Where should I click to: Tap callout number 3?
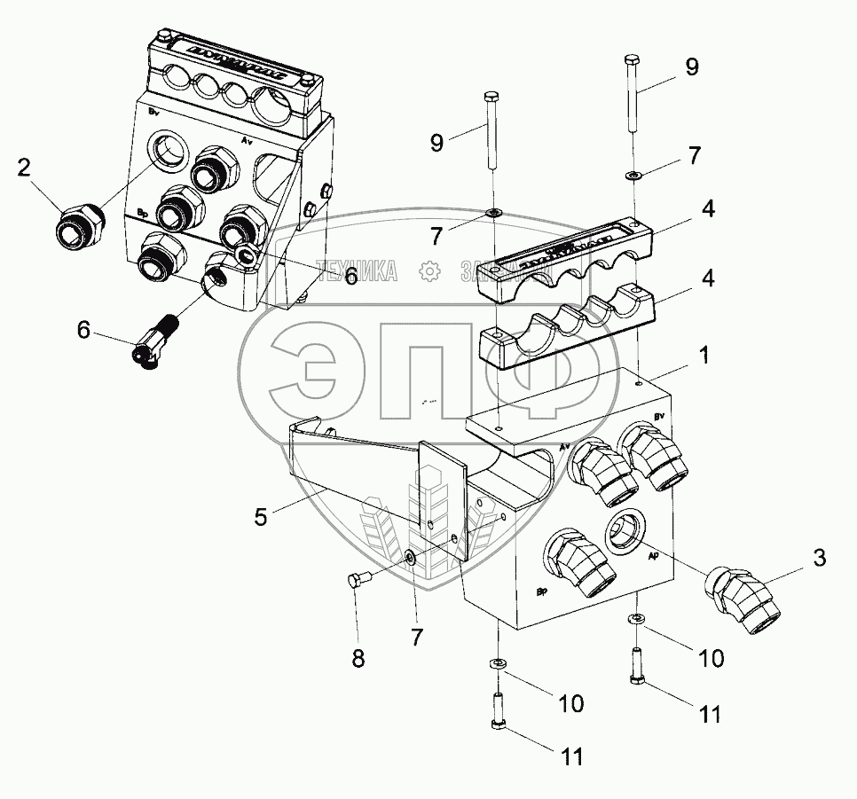[x=820, y=558]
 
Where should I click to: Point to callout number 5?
[x=260, y=516]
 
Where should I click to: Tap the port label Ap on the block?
[x=652, y=557]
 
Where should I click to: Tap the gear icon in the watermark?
[x=429, y=271]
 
